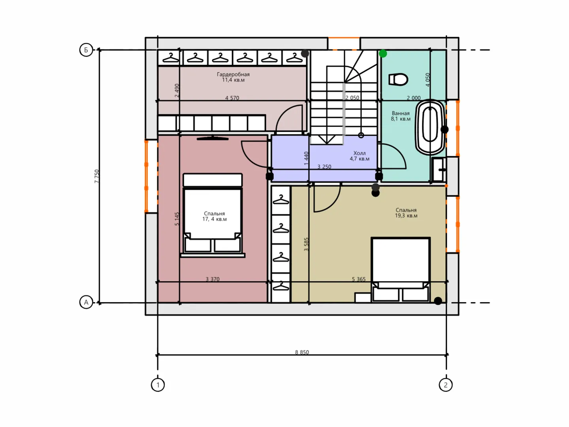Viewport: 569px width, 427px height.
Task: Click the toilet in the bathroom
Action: (398, 79)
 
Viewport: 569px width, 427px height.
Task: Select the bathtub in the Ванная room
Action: (430, 128)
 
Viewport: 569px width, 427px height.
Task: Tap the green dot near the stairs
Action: (383, 54)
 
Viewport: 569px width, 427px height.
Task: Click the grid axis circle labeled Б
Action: (86, 50)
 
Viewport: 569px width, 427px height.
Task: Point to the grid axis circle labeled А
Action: (86, 302)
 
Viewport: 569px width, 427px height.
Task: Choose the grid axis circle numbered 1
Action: (158, 385)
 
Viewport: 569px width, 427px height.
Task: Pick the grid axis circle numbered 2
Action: (446, 385)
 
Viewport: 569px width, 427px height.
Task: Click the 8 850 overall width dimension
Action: (302, 352)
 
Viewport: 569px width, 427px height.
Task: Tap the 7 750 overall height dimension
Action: (97, 176)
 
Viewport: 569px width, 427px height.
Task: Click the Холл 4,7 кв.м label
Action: (360, 156)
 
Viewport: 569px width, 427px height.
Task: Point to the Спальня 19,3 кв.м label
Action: (406, 213)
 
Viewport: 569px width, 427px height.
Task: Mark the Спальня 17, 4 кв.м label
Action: (215, 216)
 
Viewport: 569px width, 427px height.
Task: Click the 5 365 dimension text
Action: (359, 279)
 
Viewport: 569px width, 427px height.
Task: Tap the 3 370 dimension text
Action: (213, 279)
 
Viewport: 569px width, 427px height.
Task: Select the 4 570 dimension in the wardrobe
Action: (232, 98)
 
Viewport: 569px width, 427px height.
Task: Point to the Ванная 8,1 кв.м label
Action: (401, 116)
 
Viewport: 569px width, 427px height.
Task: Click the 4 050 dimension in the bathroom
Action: (428, 80)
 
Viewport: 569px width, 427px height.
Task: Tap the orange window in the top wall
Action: (344, 43)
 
